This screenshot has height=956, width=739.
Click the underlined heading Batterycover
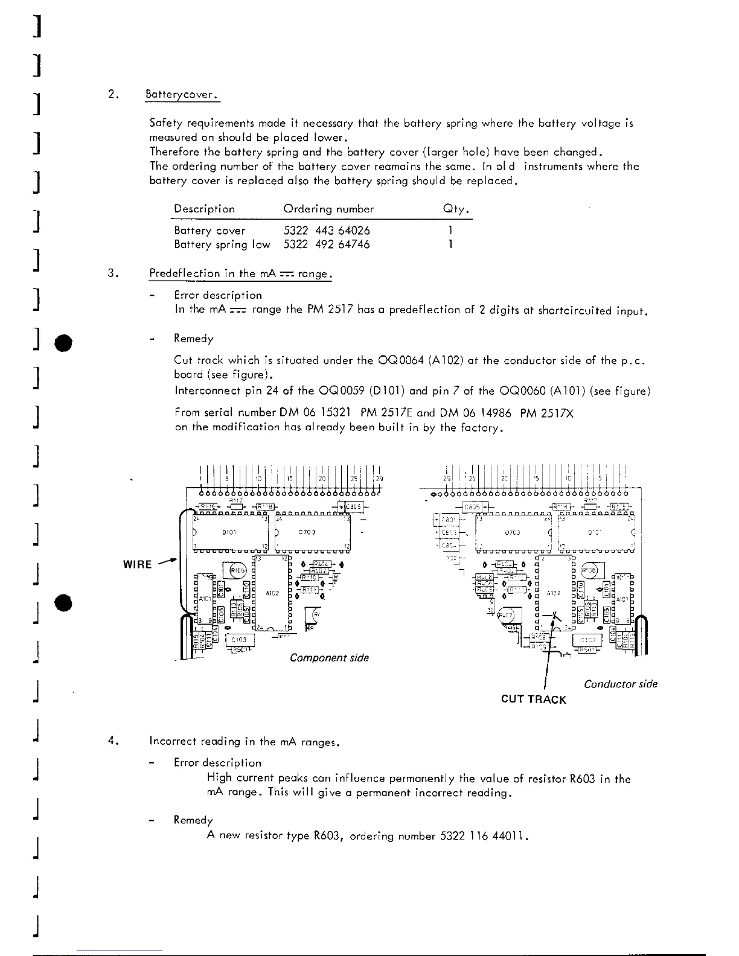(x=182, y=95)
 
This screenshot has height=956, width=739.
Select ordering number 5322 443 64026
(x=327, y=231)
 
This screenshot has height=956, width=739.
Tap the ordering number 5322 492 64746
(x=327, y=244)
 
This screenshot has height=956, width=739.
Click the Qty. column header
(x=456, y=209)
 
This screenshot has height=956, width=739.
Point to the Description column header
(x=204, y=209)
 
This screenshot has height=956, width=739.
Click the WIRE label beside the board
(x=137, y=564)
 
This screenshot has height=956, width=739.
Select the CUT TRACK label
(x=534, y=699)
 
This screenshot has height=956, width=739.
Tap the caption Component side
(x=329, y=657)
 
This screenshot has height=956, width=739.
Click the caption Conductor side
(x=621, y=684)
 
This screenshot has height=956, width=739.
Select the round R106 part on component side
(x=234, y=570)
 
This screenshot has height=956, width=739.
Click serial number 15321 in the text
(x=332, y=413)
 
